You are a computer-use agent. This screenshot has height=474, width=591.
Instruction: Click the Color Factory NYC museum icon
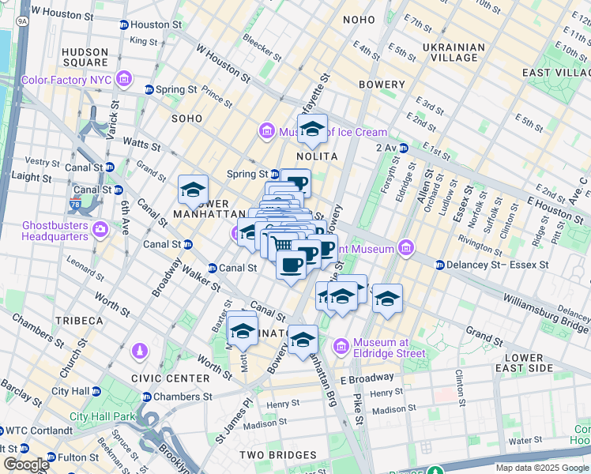click(124, 80)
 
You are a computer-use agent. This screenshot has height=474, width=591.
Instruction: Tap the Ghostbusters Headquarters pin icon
click(100, 230)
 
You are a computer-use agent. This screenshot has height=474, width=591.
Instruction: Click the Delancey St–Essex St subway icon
click(440, 265)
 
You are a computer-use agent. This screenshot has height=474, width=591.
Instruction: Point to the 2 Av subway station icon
click(404, 148)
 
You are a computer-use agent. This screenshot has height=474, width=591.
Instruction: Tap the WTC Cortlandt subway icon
click(3, 431)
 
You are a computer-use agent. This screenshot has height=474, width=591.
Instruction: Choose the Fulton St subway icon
click(51, 457)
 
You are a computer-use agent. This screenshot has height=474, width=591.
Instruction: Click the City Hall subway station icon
click(96, 391)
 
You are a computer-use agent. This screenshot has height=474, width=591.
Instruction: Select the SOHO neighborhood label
click(187, 118)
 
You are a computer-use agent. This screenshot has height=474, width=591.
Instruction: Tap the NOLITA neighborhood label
click(317, 156)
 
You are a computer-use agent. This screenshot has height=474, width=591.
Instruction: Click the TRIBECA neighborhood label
click(78, 321)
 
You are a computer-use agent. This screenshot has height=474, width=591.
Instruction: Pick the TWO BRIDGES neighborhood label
click(279, 455)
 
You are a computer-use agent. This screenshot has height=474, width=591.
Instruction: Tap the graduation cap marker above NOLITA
click(313, 129)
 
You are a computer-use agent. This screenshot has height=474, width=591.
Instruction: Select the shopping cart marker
click(283, 245)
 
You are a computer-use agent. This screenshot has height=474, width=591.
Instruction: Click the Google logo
click(26, 464)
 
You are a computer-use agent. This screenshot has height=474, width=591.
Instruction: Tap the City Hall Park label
click(103, 416)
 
